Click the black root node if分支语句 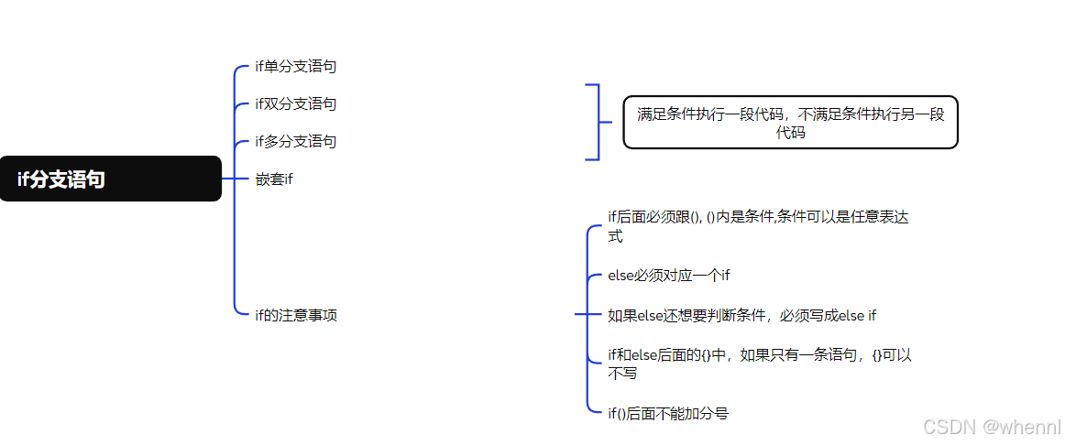click(110, 179)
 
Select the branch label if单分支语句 click(295, 67)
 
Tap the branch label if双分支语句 click(295, 104)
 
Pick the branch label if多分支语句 click(295, 142)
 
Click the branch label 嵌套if click(273, 179)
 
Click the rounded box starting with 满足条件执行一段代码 click(790, 123)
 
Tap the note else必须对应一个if click(668, 276)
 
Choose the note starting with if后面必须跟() click(759, 217)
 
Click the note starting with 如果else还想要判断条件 click(741, 316)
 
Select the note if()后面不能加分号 click(667, 414)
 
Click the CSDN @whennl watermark click(992, 427)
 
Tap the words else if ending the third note click(858, 316)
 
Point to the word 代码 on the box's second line click(791, 133)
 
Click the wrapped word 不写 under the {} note click(622, 374)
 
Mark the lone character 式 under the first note click(615, 236)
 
